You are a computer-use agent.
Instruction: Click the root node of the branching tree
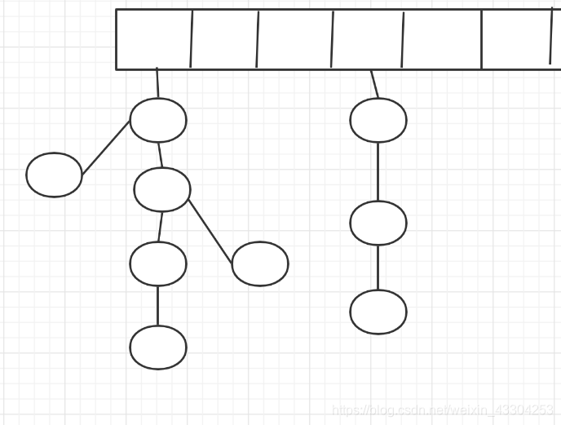[x=158, y=120]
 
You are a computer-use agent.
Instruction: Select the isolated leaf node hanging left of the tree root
[x=54, y=175]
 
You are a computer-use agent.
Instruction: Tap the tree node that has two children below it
[x=162, y=189]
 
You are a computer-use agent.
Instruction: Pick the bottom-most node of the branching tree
[x=158, y=348]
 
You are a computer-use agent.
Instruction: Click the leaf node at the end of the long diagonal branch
[x=260, y=263]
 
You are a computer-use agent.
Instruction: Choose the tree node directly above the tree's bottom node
[x=158, y=263]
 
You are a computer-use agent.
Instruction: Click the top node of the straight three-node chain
[x=378, y=120]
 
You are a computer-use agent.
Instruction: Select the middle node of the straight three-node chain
[x=378, y=223]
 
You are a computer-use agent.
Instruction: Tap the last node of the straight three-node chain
[x=378, y=312]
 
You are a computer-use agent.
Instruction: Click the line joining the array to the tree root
[x=157, y=84]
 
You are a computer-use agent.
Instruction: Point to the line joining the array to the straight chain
[x=374, y=84]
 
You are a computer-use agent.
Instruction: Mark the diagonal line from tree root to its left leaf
[x=106, y=148]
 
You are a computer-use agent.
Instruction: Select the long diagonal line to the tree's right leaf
[x=210, y=231]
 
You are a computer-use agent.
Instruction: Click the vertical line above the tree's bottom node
[x=158, y=305]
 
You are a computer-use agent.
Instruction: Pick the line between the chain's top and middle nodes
[x=378, y=171]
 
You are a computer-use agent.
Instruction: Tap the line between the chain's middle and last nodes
[x=378, y=267]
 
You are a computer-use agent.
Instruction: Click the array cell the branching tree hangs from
[x=153, y=39]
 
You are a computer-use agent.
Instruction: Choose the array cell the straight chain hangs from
[x=367, y=39]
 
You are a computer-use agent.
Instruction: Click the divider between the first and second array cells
[x=192, y=39]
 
